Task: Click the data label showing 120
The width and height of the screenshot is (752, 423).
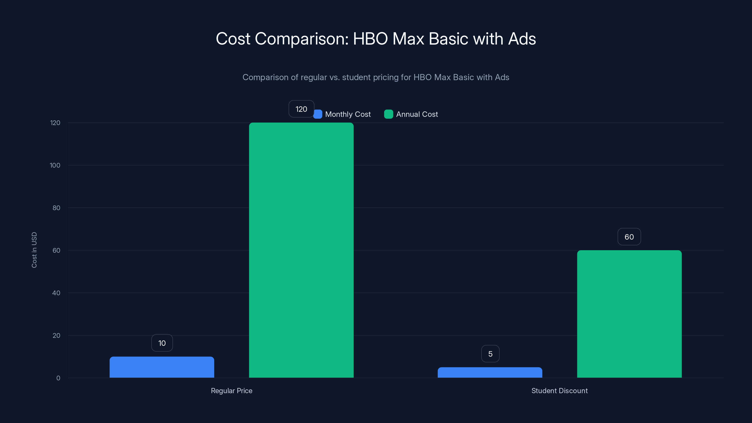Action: click(301, 109)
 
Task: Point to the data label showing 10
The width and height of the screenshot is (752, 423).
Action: click(162, 343)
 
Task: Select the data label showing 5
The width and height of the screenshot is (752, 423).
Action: click(490, 354)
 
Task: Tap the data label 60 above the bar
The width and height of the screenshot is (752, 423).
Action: click(629, 237)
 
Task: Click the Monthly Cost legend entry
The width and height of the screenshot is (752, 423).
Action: click(347, 114)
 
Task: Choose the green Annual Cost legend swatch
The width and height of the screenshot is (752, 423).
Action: click(388, 114)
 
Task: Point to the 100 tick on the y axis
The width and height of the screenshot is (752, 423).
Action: click(55, 165)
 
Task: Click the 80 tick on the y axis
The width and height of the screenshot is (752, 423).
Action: click(56, 208)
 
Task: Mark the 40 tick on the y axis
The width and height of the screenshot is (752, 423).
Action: click(56, 293)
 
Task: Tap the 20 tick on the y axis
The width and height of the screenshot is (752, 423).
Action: click(56, 335)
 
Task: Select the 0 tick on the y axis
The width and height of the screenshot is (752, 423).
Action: click(58, 378)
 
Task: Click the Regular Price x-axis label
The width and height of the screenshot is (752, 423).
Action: click(231, 391)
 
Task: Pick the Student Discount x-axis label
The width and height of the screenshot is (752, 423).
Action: click(559, 391)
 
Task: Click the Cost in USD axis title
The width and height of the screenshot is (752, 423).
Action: click(34, 250)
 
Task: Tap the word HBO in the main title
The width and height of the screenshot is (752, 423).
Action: click(370, 39)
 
